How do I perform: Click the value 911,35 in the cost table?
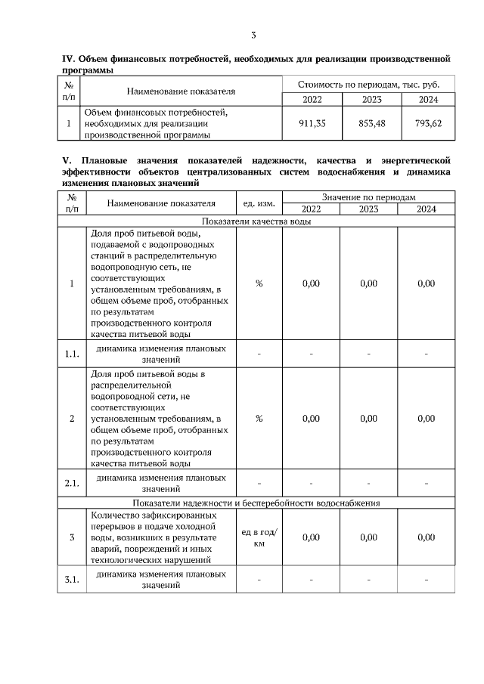pyautogui.click(x=311, y=123)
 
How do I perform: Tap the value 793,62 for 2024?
pyautogui.click(x=427, y=123)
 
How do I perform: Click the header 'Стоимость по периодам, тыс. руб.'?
pyautogui.click(x=369, y=84)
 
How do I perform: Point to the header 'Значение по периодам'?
pyautogui.click(x=369, y=195)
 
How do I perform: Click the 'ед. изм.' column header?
pyautogui.click(x=259, y=203)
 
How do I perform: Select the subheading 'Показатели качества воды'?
pyautogui.click(x=256, y=221)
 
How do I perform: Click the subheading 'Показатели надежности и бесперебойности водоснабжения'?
pyautogui.click(x=256, y=502)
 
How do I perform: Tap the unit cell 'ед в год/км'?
pyautogui.click(x=259, y=537)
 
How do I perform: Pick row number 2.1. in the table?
pyautogui.click(x=72, y=482)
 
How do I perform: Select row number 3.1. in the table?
pyautogui.click(x=72, y=580)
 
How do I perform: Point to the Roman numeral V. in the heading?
pyautogui.click(x=66, y=160)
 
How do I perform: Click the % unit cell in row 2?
pyautogui.click(x=259, y=419)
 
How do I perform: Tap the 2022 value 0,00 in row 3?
pyautogui.click(x=311, y=537)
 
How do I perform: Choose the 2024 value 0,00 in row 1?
pyautogui.click(x=427, y=284)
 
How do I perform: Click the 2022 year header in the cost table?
pyautogui.click(x=311, y=99)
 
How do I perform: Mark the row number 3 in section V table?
pyautogui.click(x=72, y=537)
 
